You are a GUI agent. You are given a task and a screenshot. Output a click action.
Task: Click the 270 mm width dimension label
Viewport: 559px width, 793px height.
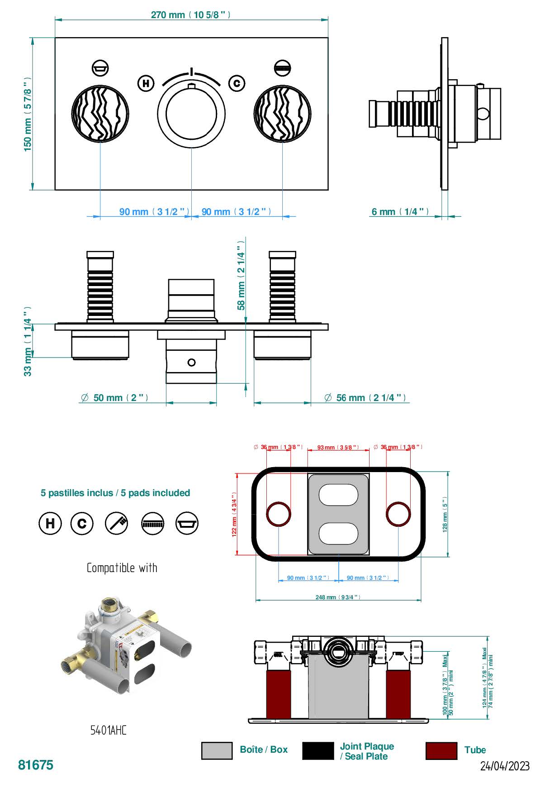190,15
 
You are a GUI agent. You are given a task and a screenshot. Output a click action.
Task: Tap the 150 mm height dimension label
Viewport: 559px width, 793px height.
28,114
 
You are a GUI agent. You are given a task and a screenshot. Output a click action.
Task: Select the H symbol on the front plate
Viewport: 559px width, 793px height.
146,83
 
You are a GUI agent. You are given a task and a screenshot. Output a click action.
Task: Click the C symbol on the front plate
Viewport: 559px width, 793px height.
237,83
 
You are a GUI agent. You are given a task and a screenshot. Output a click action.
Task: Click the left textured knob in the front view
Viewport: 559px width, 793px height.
100,113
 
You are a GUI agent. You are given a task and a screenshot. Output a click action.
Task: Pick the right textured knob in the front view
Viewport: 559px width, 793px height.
283,113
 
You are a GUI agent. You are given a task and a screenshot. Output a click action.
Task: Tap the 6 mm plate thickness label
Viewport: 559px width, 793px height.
400,212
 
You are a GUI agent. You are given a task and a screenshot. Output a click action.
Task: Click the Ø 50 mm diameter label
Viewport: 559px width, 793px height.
114,398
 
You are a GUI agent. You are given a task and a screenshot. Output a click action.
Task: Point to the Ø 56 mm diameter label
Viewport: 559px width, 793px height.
365,398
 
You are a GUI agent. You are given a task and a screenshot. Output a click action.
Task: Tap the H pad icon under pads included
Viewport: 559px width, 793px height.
50,523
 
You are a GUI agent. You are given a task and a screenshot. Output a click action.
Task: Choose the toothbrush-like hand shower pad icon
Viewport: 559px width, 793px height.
117,523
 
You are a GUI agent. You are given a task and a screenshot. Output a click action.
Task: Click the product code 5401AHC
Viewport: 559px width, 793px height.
109,730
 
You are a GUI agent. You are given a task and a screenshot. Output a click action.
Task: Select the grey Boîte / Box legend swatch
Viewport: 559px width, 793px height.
217,750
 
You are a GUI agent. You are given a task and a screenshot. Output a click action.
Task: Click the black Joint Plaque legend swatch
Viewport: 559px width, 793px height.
317,750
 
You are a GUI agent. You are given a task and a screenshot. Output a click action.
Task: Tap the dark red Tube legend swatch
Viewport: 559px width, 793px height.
441,750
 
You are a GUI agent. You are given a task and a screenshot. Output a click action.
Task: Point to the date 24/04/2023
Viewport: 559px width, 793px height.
504,766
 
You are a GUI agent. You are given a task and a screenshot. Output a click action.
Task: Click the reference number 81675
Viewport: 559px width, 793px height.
36,765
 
